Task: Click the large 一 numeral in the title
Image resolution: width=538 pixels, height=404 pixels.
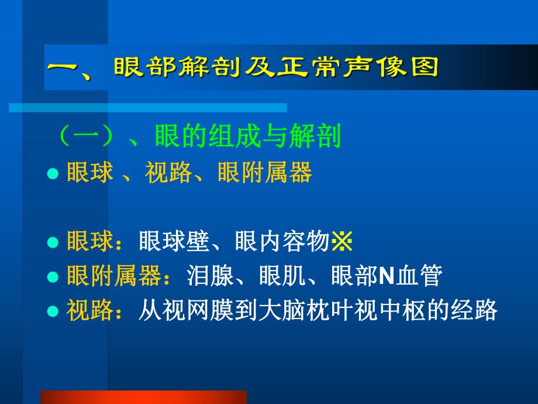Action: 65,69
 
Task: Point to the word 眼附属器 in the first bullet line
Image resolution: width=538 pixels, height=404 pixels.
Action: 264,173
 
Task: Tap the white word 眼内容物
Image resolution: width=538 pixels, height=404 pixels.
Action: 282,242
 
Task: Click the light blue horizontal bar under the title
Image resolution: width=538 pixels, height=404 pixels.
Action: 147,107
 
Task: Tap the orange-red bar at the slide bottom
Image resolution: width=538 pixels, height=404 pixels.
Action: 143,397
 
